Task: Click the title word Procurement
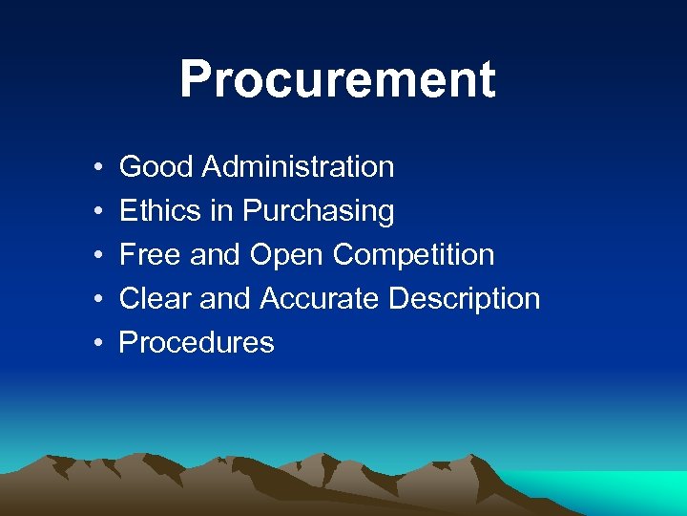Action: click(x=337, y=79)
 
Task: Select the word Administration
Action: click(x=299, y=167)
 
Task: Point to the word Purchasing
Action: click(x=318, y=212)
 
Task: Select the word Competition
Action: click(x=413, y=256)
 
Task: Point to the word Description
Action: click(x=464, y=300)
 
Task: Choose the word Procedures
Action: click(x=197, y=343)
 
